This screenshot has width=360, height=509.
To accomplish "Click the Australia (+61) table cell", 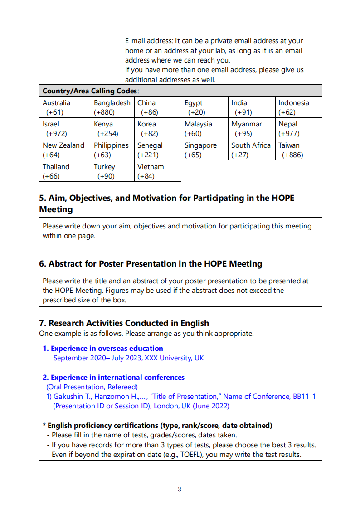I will (64, 107).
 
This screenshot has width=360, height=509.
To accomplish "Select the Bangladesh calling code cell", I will (112, 107).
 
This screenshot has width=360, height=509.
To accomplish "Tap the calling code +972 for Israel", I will (57, 134).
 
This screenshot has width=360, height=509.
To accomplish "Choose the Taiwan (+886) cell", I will (298, 150).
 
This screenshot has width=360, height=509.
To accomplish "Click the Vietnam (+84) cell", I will (157, 171).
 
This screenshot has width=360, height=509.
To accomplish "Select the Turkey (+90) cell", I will (112, 171).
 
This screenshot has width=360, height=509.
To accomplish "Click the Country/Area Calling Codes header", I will (90, 91).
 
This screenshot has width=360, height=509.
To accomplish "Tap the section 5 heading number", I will (43, 199).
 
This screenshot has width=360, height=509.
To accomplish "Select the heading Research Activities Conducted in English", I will (129, 323).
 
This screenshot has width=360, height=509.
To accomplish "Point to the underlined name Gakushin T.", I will (73, 397).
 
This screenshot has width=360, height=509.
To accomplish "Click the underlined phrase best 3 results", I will (293, 445).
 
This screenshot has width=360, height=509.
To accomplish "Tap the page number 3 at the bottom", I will (180, 489).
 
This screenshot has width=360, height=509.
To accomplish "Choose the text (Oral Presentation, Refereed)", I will (92, 387).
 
